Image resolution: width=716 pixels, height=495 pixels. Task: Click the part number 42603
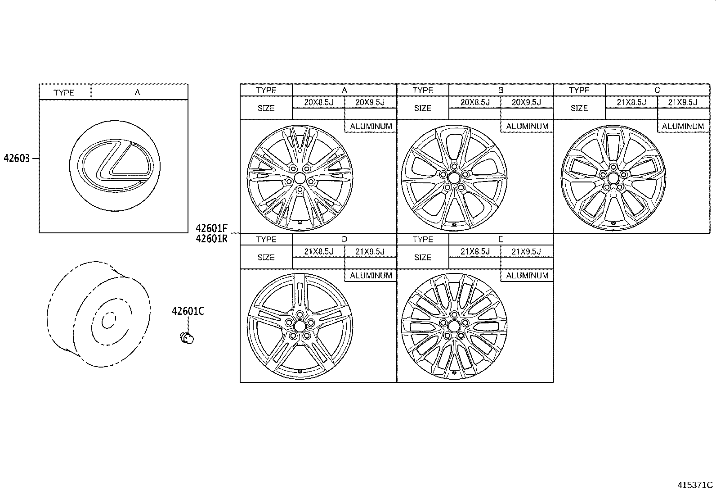17,159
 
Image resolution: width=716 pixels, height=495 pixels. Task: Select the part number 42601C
188,311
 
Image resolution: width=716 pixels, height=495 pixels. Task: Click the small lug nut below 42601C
186,337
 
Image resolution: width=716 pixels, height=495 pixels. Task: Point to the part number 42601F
211,228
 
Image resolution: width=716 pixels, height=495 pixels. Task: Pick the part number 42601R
211,239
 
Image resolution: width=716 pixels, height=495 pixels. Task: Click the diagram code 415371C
695,485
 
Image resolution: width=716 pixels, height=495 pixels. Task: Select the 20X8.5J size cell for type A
318,102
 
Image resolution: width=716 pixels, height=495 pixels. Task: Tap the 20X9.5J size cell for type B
526,102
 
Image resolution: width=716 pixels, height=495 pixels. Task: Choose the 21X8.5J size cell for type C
631,102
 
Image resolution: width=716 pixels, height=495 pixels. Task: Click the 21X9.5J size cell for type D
370,251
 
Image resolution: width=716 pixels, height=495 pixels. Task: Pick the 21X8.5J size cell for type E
475,251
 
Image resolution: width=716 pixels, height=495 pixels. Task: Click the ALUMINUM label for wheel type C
683,127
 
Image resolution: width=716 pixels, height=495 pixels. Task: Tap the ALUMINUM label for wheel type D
371,276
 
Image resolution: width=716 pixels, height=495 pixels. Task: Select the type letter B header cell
501,90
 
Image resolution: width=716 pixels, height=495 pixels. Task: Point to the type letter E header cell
501,239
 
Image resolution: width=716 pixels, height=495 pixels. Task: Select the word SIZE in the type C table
579,108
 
